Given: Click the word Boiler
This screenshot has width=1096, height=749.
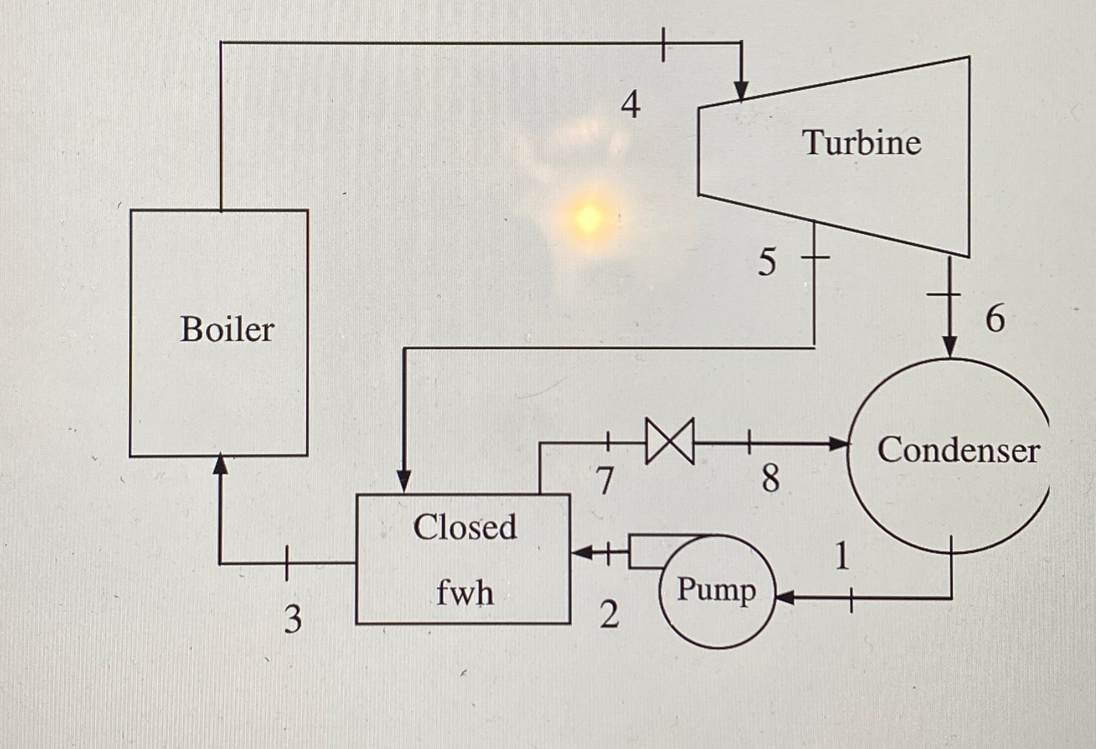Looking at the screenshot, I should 227,329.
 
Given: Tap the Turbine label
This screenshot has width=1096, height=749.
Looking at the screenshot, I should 862,143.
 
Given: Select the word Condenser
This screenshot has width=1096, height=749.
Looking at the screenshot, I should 958,450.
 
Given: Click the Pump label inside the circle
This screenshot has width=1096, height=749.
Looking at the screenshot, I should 716,589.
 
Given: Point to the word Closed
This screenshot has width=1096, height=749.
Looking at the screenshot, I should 465,527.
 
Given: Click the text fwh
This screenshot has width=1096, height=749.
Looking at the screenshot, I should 465,592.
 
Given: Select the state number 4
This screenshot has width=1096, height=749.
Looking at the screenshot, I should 630,105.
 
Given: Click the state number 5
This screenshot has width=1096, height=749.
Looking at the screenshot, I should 767,262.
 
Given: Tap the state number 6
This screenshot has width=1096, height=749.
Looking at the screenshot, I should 995,319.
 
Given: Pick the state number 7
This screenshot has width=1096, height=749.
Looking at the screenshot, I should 604,481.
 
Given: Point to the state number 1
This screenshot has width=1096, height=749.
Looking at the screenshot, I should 841,556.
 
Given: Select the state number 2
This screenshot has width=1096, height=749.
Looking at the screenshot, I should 609,615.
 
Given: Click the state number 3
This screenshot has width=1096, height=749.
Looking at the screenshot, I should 293,619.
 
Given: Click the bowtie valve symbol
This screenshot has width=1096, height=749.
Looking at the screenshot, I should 670,441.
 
